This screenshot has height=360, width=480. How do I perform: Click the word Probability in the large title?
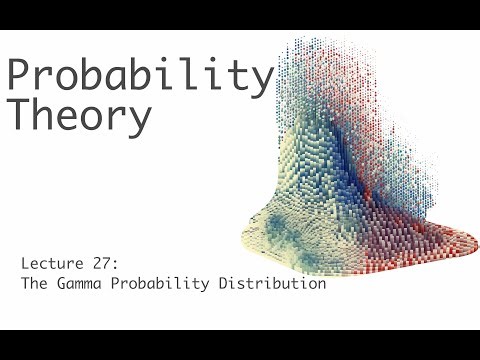pos(140,76)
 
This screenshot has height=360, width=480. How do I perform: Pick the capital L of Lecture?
pos(24,264)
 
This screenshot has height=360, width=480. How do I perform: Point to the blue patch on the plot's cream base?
pos(285,225)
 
